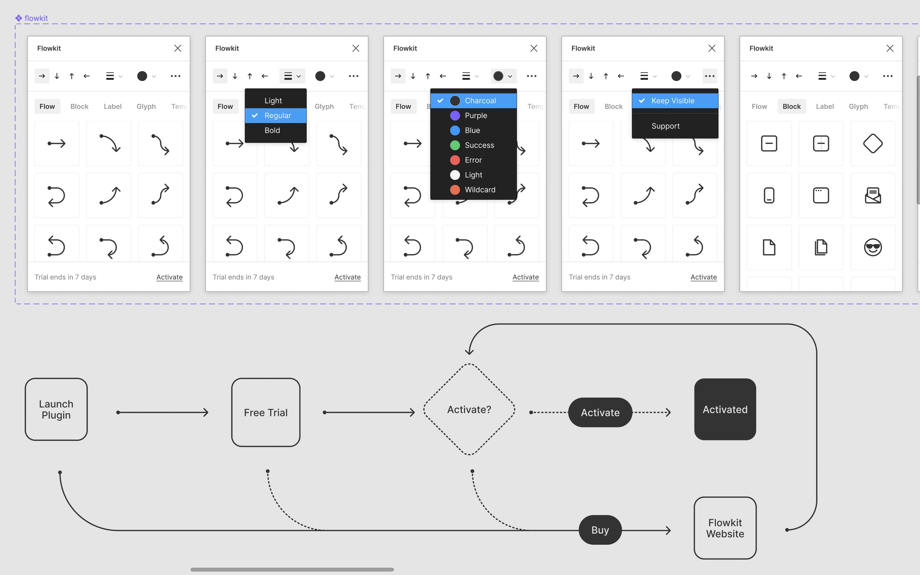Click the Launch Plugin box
(x=56, y=409)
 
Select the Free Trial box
(x=266, y=412)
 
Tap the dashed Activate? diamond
(x=469, y=409)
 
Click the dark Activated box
(x=725, y=409)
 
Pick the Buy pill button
(x=600, y=530)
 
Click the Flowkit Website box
(x=725, y=528)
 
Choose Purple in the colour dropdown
(x=475, y=116)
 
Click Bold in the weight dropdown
(x=272, y=130)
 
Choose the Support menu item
(x=665, y=126)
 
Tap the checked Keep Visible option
(x=673, y=101)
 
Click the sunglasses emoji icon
(x=873, y=247)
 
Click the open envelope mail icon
(x=873, y=195)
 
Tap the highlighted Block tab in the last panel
(x=791, y=107)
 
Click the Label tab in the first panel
(x=113, y=107)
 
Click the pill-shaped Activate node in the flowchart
(x=600, y=412)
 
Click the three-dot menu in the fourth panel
(x=710, y=76)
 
